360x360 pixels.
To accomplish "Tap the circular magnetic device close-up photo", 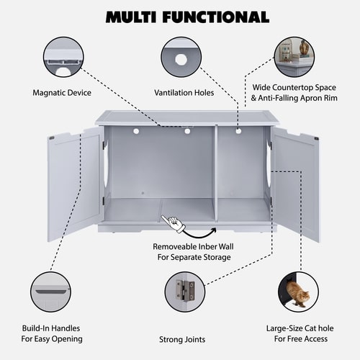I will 63,57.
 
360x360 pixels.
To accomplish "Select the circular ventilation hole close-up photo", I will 180,57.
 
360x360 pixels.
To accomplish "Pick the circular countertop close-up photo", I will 297,57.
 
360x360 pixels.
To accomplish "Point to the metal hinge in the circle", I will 186,290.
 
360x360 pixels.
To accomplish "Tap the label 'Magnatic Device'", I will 63,92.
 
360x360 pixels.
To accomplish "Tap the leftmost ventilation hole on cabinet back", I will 135,132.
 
